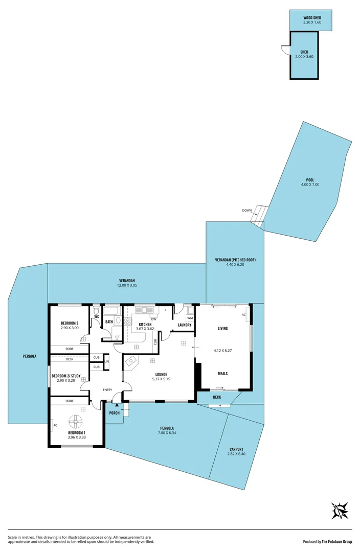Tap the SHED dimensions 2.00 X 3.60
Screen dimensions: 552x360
(x=304, y=57)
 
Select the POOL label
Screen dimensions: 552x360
(x=310, y=180)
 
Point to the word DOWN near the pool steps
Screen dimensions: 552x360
(x=247, y=211)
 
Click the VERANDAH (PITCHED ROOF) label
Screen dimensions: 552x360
(x=235, y=260)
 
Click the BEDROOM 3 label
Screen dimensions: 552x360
(x=70, y=323)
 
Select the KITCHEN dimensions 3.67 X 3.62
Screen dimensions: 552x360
(x=145, y=329)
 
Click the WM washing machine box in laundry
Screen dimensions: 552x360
(x=190, y=317)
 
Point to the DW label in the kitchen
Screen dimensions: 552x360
(x=153, y=319)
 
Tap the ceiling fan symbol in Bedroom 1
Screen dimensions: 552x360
(x=76, y=421)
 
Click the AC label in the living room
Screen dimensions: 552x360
(x=244, y=315)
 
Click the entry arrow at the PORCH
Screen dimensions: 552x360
(x=117, y=405)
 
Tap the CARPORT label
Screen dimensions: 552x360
(x=236, y=450)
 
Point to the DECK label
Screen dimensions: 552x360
(x=217, y=397)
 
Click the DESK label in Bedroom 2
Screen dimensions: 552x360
(x=70, y=359)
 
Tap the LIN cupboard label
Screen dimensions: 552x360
(x=106, y=362)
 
